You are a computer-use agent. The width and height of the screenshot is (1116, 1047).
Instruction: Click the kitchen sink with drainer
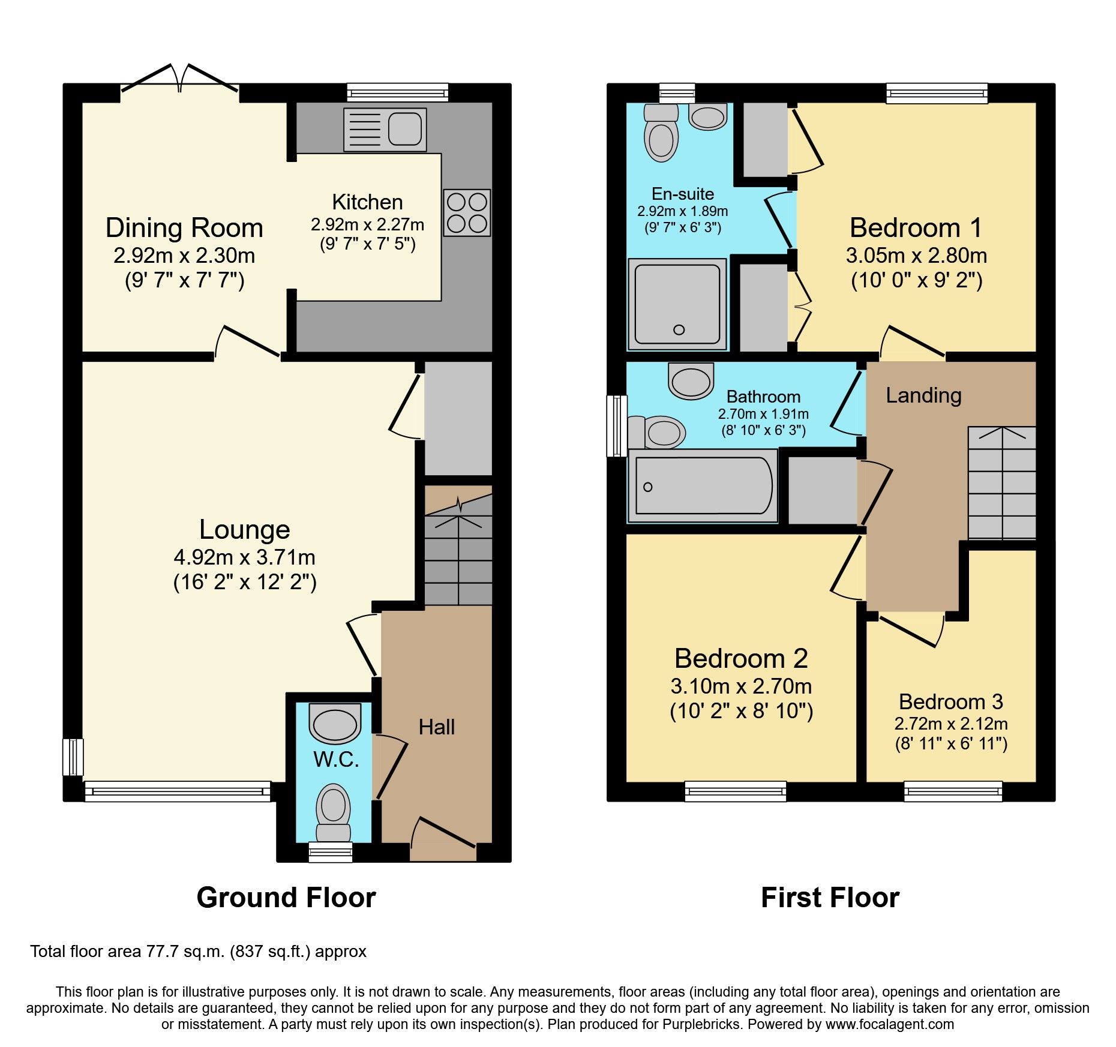point(385,129)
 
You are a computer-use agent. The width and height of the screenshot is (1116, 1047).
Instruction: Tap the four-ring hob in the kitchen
point(467,212)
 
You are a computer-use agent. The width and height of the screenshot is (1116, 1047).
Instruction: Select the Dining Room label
point(184,228)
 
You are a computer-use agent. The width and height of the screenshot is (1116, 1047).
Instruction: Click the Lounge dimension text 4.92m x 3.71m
point(244,557)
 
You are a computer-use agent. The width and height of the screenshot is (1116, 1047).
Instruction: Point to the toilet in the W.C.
point(333,810)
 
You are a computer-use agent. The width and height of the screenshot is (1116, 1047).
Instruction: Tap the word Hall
point(436,727)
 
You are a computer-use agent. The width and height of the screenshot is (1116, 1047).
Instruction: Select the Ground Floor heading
point(286,898)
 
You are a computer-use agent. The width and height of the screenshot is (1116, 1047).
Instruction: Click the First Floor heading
point(830,898)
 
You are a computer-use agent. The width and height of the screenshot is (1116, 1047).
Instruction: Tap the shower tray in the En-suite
point(677,304)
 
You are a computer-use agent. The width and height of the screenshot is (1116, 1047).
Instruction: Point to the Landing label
point(923,395)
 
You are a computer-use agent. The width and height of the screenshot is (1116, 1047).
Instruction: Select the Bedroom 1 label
point(916,228)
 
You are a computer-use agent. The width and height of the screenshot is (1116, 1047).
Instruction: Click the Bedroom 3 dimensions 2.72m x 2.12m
point(951,724)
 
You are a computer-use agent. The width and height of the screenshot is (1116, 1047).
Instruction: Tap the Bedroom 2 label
point(741,659)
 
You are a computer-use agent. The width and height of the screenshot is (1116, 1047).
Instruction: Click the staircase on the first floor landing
point(1001,483)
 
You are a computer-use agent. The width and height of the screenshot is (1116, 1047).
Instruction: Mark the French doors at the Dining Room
point(180,81)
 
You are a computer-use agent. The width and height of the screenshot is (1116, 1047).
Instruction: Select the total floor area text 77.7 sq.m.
point(198,952)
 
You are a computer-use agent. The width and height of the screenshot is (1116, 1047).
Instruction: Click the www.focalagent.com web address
point(889,1024)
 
